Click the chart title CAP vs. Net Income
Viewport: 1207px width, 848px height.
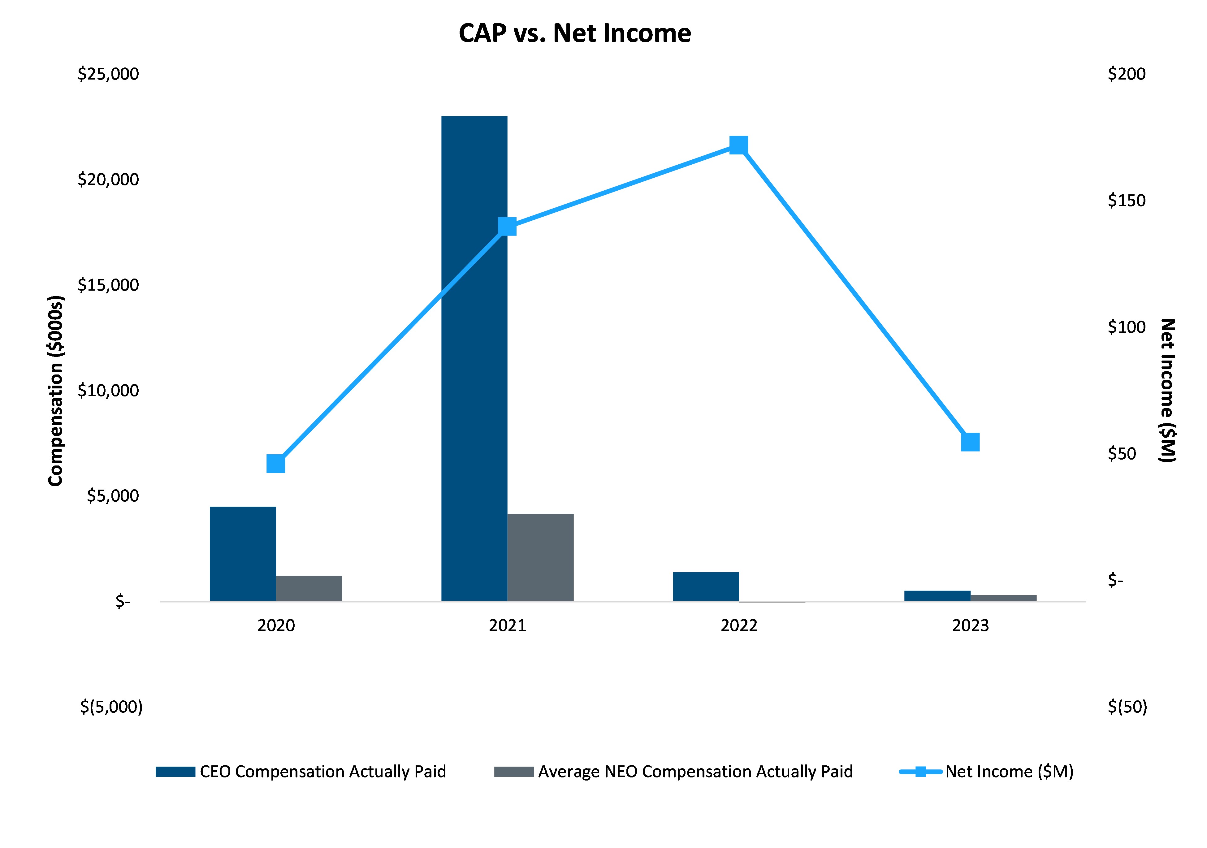[x=575, y=33]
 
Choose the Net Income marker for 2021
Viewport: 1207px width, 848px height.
[x=507, y=227]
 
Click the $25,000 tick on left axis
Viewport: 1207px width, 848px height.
[x=108, y=74]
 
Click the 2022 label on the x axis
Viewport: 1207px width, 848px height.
[x=739, y=625]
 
